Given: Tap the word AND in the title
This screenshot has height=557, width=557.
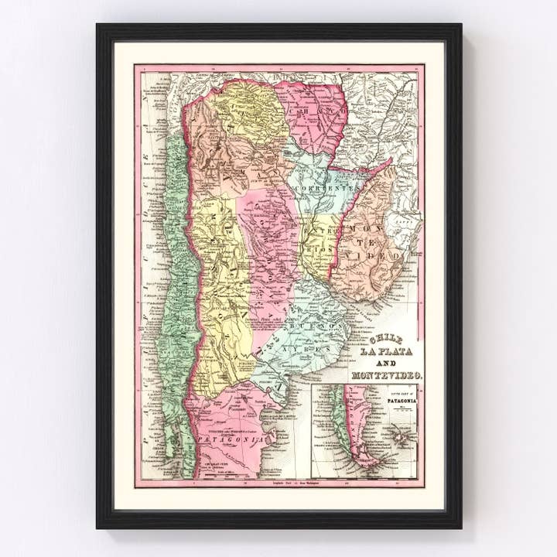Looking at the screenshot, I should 388,364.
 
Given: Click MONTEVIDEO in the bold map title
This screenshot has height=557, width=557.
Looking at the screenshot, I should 387,376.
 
